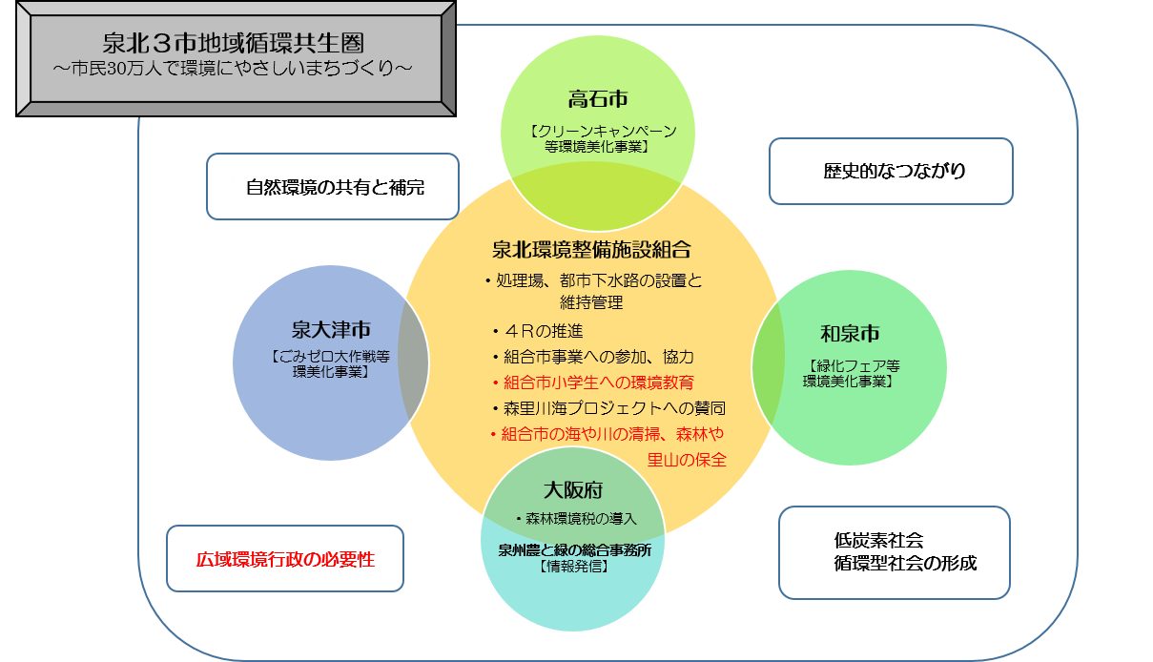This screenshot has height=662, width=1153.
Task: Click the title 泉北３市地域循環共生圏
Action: pyautogui.click(x=234, y=44)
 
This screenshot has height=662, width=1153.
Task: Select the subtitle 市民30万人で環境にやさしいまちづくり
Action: pyautogui.click(x=234, y=69)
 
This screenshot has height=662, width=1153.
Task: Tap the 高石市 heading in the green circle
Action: pyautogui.click(x=597, y=99)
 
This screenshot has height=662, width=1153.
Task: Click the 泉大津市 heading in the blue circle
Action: pyautogui.click(x=331, y=331)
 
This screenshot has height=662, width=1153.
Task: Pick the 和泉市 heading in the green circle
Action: pyautogui.click(x=850, y=334)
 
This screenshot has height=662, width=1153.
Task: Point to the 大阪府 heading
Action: pyautogui.click(x=573, y=491)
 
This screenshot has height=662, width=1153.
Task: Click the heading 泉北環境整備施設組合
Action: pyautogui.click(x=591, y=250)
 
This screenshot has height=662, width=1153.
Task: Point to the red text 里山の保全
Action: pyautogui.click(x=687, y=460)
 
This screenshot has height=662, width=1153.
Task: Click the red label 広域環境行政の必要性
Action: pyautogui.click(x=285, y=559)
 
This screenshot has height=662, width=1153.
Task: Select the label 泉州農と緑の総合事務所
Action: pyautogui.click(x=573, y=550)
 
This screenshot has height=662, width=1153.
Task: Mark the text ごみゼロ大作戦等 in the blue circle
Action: pyautogui.click(x=331, y=357)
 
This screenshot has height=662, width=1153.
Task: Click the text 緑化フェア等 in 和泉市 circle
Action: pyautogui.click(x=850, y=365)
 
